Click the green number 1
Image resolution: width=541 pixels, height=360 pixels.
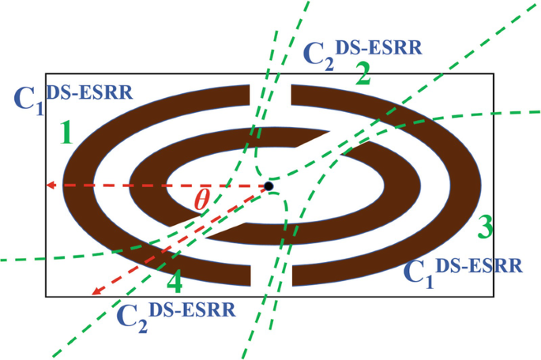(66, 132)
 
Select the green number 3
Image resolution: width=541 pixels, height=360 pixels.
(483, 227)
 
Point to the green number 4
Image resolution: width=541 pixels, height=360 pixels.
(175, 282)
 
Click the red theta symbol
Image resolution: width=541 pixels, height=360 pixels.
(201, 201)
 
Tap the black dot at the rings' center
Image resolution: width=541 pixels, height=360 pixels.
(269, 186)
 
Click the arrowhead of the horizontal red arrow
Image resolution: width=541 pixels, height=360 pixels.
(49, 186)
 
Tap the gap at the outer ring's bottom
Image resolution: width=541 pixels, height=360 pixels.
(271, 273)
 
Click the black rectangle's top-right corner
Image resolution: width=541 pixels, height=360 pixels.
(494, 73)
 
